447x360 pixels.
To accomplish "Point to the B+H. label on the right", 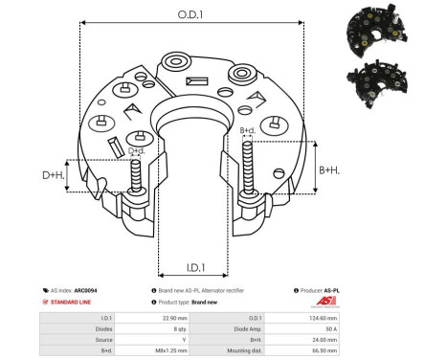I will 329,169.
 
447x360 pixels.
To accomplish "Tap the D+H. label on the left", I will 54,174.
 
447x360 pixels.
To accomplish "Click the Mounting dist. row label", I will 275,349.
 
